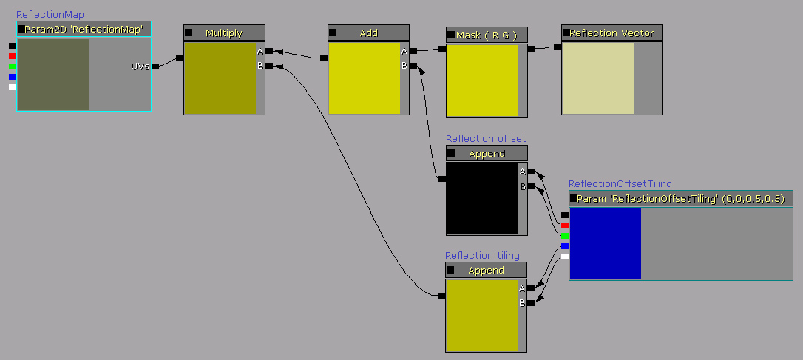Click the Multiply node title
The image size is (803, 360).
pyautogui.click(x=224, y=33)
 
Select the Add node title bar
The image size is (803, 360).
pyautogui.click(x=368, y=33)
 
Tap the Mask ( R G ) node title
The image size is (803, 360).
pyautogui.click(x=487, y=35)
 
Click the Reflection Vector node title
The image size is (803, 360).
pyautogui.click(x=611, y=33)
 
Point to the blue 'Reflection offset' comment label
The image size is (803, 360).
pyautogui.click(x=486, y=138)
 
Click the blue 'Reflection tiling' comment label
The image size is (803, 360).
pyautogui.click(x=482, y=256)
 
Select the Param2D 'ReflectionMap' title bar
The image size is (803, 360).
pyautogui.click(x=84, y=29)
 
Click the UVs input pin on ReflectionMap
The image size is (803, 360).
pyautogui.click(x=155, y=67)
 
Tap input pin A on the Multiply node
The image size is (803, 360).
pyautogui.click(x=268, y=51)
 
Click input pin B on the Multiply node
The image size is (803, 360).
pyautogui.click(x=268, y=66)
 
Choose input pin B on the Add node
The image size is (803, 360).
pyautogui.click(x=413, y=66)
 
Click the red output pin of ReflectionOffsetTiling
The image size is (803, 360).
pyautogui.click(x=565, y=225)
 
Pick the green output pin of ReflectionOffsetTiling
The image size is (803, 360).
pyautogui.click(x=565, y=236)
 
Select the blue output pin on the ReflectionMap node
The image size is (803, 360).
pyautogui.click(x=13, y=77)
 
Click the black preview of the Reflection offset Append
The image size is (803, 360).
pyautogui.click(x=482, y=198)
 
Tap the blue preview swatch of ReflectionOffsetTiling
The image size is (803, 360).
pyautogui.click(x=605, y=243)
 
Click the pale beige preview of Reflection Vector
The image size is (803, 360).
pyautogui.click(x=597, y=78)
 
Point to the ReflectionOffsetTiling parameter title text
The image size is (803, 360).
pyautogui.click(x=680, y=198)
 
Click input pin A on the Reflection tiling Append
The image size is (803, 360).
pyautogui.click(x=530, y=288)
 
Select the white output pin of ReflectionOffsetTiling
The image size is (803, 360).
pyautogui.click(x=565, y=257)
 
